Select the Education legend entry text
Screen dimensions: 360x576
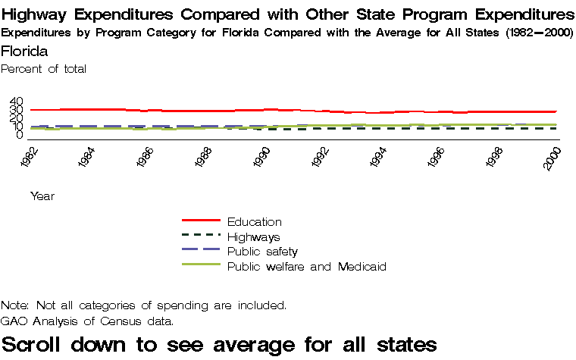[255, 222]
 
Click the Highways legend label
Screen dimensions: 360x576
[254, 237]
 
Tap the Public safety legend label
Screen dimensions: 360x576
[262, 252]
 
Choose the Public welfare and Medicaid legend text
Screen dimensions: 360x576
[307, 267]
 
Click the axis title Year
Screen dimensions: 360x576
[42, 196]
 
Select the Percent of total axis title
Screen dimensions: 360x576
[44, 69]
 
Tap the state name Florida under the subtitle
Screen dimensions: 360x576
[24, 52]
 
